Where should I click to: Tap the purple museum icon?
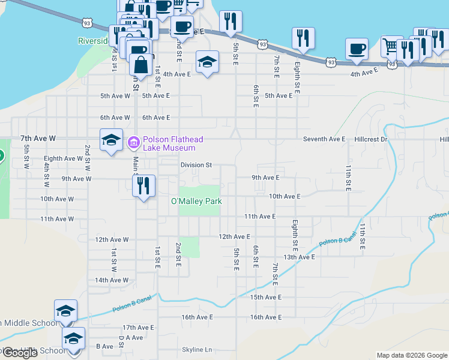(x=133, y=143)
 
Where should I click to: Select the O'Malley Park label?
(x=196, y=202)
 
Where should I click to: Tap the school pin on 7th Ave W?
(x=112, y=140)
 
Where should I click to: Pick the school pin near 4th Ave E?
(x=207, y=62)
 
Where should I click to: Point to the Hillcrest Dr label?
(x=372, y=139)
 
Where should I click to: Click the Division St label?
(x=196, y=165)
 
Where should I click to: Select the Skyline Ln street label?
(x=197, y=350)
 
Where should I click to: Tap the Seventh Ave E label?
(x=324, y=139)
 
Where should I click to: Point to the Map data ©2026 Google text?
(x=411, y=355)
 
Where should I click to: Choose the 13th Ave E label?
(x=299, y=257)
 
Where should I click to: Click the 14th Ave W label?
(x=112, y=280)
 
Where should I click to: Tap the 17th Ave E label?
(x=138, y=328)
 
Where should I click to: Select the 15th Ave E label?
(x=265, y=297)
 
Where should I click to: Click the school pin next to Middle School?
(x=65, y=311)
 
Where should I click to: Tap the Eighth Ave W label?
(x=63, y=159)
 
